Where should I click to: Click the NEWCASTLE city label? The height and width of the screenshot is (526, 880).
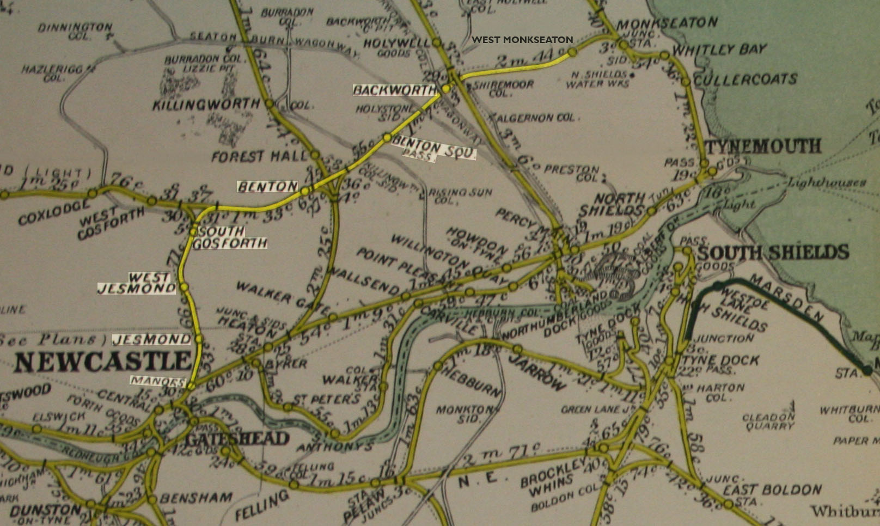[x=102, y=362]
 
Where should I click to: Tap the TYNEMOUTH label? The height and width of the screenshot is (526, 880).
[x=763, y=146]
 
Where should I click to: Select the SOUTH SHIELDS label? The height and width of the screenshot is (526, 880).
[x=773, y=252]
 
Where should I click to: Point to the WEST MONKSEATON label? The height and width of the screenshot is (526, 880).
[x=522, y=40]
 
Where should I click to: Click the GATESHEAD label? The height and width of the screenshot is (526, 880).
[x=237, y=438]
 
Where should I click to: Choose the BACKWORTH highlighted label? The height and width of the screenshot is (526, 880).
[x=394, y=90]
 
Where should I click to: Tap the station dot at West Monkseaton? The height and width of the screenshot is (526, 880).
[x=572, y=52]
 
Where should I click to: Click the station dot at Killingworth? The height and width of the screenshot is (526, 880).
[x=269, y=103]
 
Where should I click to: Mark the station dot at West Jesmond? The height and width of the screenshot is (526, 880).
[x=184, y=286]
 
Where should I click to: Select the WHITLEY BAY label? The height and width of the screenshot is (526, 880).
[x=719, y=50]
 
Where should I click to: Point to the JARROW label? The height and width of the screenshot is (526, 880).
[x=539, y=374]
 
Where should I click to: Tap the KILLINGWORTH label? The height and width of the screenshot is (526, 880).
[x=206, y=104]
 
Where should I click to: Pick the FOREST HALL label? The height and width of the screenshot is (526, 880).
[x=259, y=157]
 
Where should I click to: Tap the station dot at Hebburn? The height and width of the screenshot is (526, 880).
[x=438, y=365]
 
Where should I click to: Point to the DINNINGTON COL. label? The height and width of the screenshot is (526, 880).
[x=75, y=29]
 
